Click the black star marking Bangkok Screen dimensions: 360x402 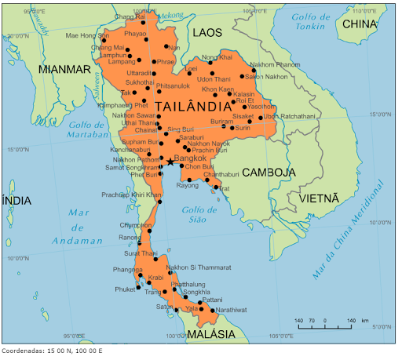coord(170,162)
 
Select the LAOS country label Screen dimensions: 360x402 coord(207,32)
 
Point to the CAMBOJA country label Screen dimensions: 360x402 coord(269,172)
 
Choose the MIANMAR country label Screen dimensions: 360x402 coord(64,69)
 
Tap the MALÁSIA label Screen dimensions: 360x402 coord(211,334)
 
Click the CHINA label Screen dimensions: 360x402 coord(360,24)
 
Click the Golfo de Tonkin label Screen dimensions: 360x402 coord(311,21)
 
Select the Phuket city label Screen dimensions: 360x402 coord(124,289)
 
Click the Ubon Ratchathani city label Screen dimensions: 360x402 coord(289,117)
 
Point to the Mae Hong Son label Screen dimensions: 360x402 coord(87,35)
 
